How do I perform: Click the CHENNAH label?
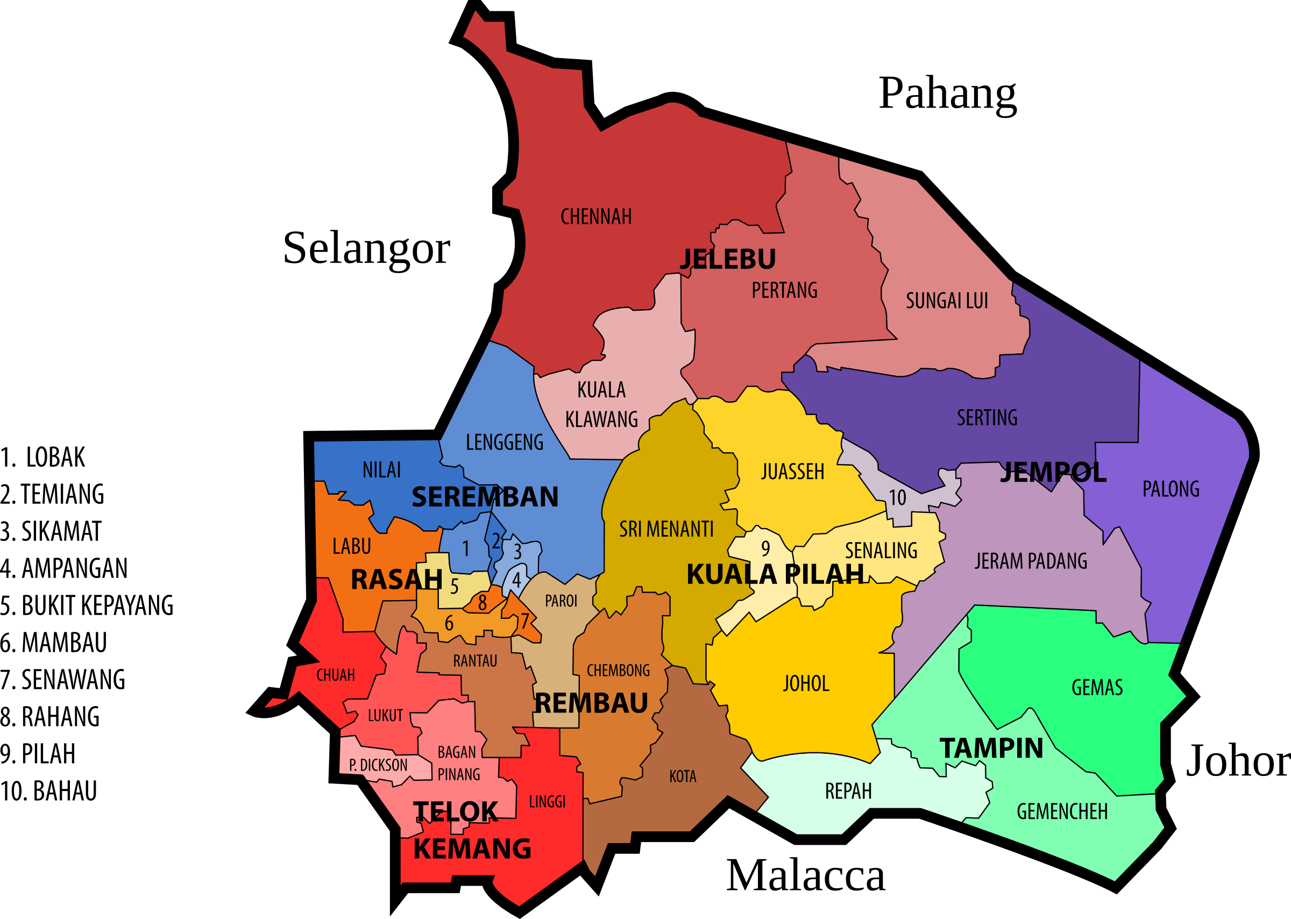coord(595,217)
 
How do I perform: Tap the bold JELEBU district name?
coord(727,259)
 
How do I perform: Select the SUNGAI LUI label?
coord(946,301)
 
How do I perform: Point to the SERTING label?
coord(987,418)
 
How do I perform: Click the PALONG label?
coord(1171,489)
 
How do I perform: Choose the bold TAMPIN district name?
coord(991,748)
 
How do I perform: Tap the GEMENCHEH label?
coord(1062,811)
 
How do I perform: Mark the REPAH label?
coord(848,791)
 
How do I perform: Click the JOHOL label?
coord(806,683)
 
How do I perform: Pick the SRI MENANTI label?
coord(666,529)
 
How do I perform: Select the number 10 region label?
coord(897,498)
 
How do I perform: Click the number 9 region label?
coord(765,548)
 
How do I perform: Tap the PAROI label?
coord(561,601)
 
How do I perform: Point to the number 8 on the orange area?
coord(482,603)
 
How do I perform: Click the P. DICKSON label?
coord(378,765)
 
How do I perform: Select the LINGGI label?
coord(547,802)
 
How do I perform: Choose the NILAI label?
coord(381,469)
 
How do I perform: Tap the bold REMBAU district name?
coord(591,703)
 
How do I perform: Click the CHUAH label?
coord(336,675)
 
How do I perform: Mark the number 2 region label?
coord(496,541)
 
